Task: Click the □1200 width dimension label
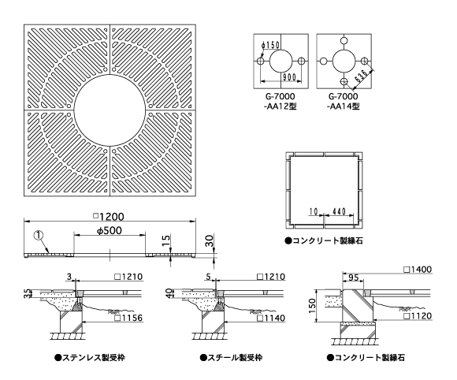(109, 217)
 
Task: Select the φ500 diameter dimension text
(110, 231)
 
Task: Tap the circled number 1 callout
(39, 235)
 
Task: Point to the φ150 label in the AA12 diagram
(270, 45)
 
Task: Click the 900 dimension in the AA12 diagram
(289, 77)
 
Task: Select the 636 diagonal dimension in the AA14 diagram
(362, 76)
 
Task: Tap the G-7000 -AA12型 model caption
(279, 101)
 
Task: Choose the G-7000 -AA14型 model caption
(343, 101)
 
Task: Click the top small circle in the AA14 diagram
(344, 40)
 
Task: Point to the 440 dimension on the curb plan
(339, 211)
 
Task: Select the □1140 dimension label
(271, 318)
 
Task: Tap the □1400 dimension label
(418, 269)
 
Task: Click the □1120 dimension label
(418, 316)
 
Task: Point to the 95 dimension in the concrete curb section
(353, 278)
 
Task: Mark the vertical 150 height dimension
(312, 306)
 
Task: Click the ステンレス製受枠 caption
(90, 357)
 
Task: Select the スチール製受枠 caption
(231, 357)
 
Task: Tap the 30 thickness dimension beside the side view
(210, 241)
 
